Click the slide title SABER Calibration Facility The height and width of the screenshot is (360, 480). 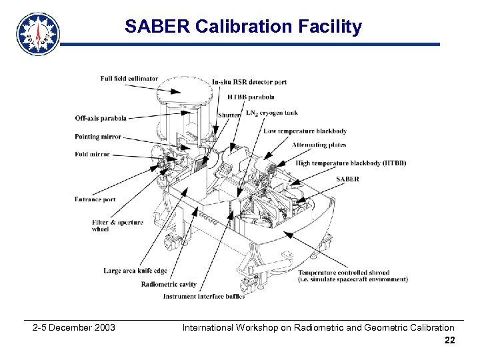(x=243, y=27)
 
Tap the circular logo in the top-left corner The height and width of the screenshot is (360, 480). (x=38, y=33)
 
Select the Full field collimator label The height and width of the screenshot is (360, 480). (x=129, y=79)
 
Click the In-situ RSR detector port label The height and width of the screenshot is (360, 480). (x=249, y=82)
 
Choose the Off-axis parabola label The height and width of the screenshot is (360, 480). (x=100, y=119)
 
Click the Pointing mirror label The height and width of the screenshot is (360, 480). (x=97, y=137)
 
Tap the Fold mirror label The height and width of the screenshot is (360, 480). (x=93, y=153)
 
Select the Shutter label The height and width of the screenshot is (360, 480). (x=229, y=115)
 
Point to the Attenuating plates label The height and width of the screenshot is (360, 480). (x=319, y=145)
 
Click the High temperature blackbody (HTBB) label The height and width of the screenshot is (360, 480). (x=351, y=163)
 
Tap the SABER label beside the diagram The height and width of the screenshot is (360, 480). (x=347, y=179)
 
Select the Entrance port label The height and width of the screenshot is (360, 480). (x=95, y=199)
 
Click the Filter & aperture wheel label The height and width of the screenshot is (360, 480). (x=117, y=225)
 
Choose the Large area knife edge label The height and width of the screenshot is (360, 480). (x=135, y=271)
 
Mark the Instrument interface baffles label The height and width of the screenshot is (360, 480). (x=203, y=296)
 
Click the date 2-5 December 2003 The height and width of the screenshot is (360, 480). (x=74, y=327)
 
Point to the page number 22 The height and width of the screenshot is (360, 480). (x=449, y=341)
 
